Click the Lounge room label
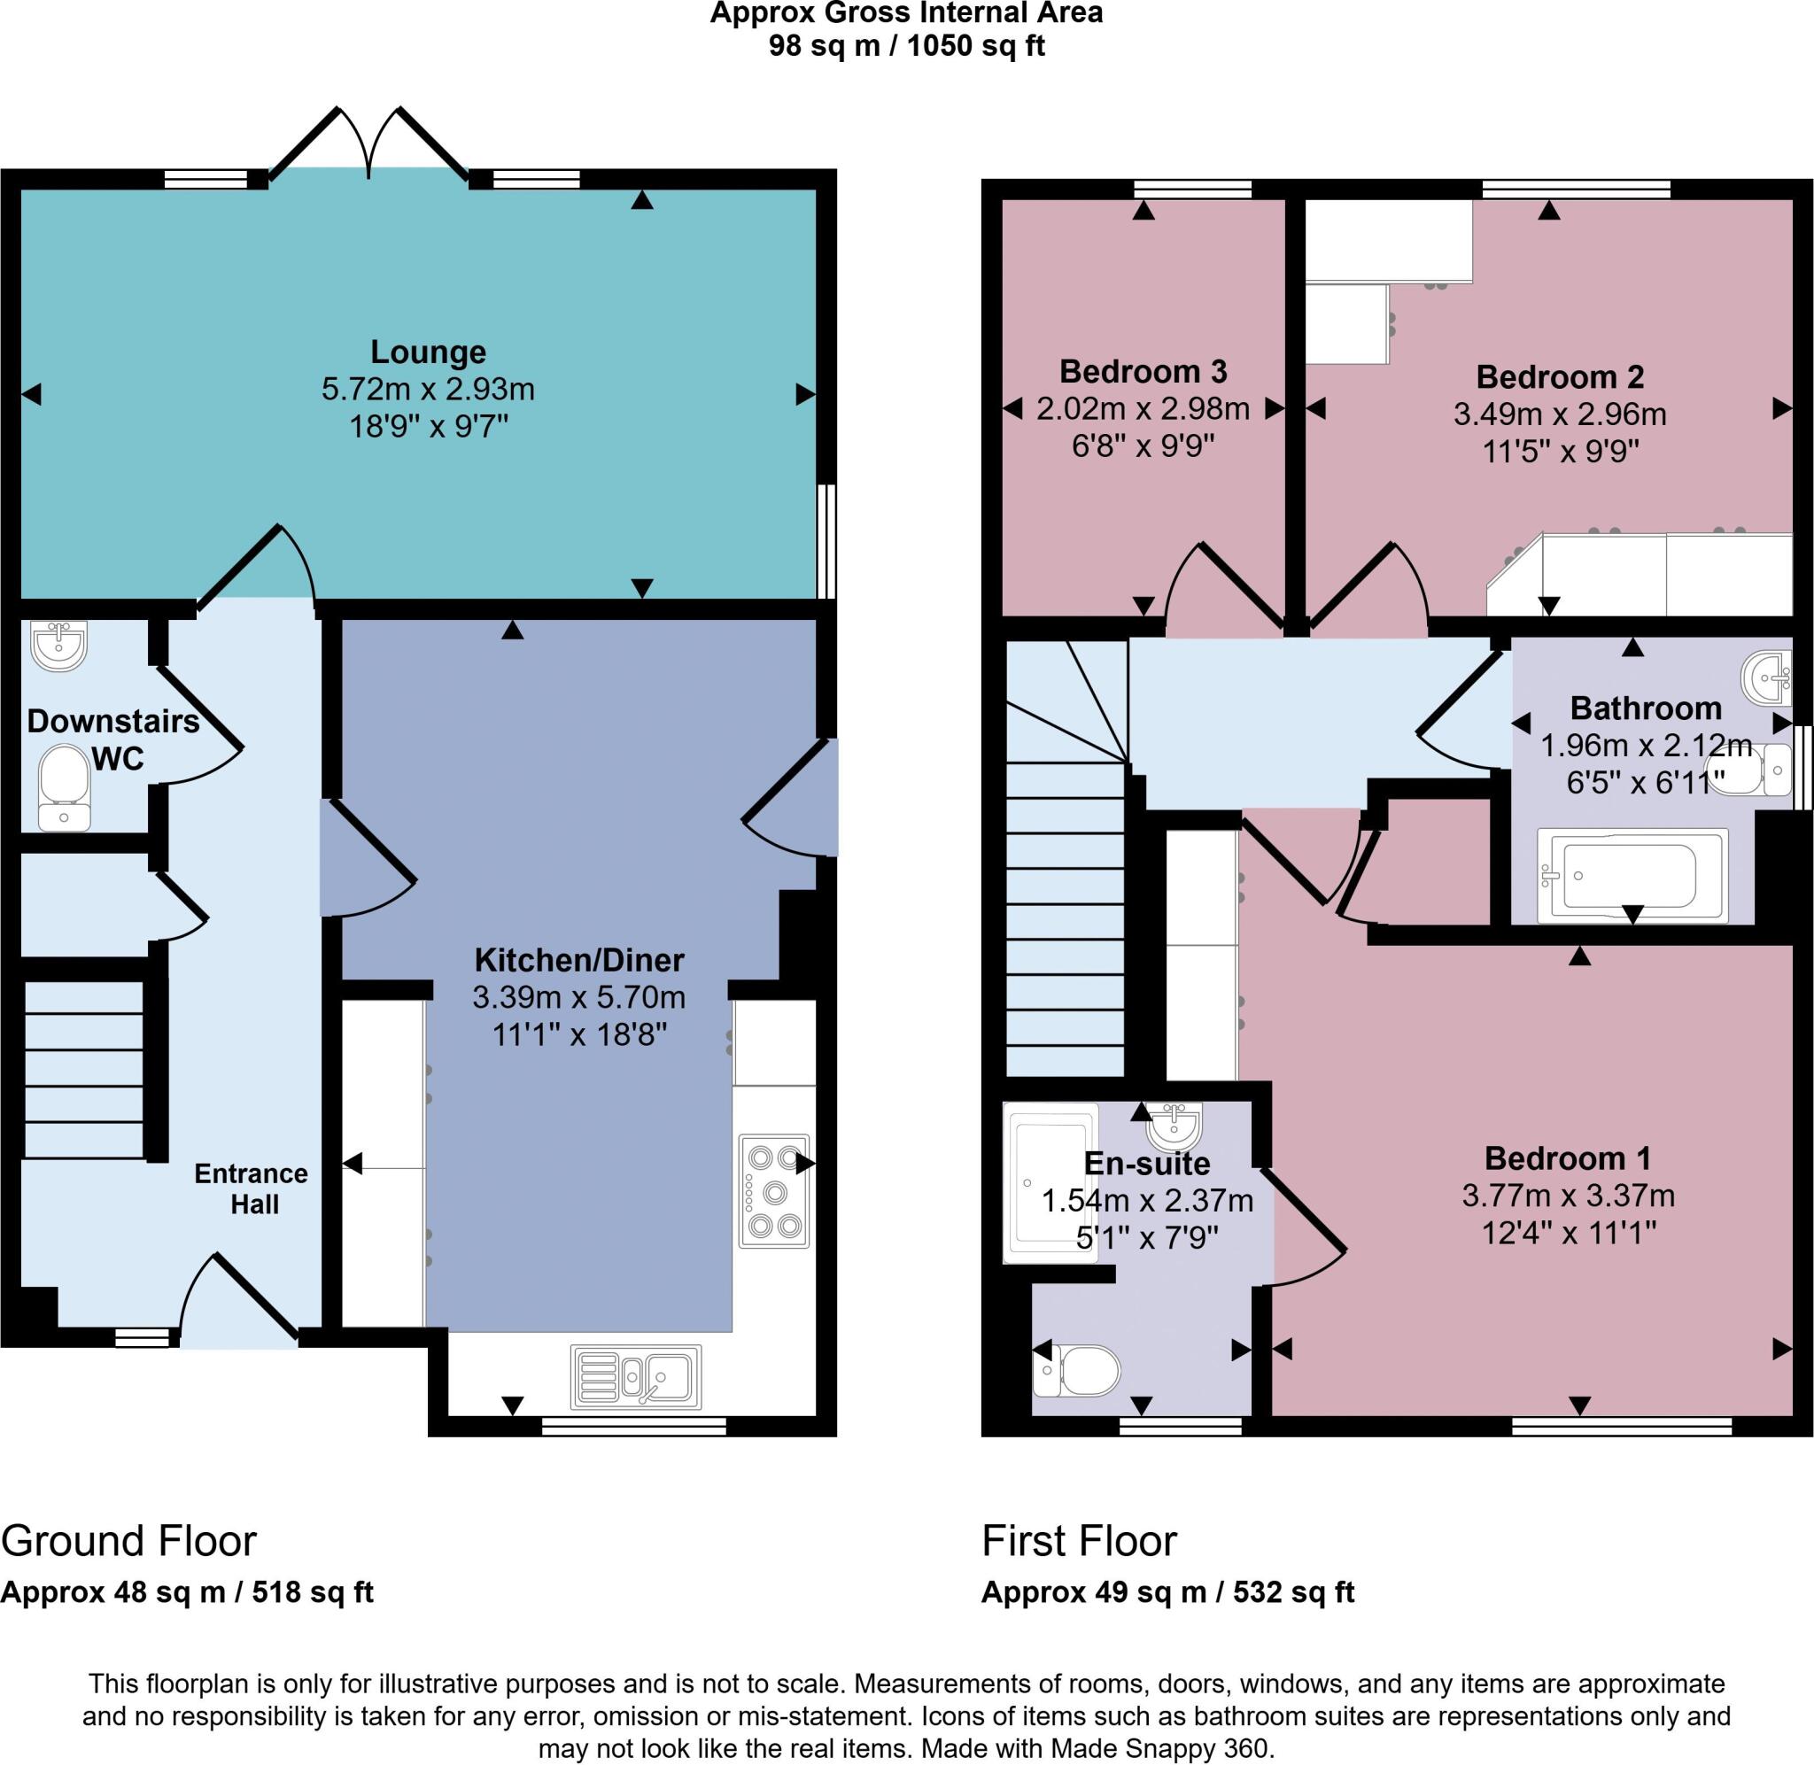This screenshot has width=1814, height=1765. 427,352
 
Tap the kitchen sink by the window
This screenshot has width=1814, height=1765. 636,1376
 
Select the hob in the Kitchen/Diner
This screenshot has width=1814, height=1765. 774,1191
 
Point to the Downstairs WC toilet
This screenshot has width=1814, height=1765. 65,787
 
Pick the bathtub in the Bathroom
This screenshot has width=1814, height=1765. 1632,875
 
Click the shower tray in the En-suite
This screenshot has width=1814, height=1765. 1050,1182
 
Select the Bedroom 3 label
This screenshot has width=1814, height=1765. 1143,371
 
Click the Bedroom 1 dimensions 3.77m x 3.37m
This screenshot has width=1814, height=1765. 1569,1195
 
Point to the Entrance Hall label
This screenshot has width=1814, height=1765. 252,1188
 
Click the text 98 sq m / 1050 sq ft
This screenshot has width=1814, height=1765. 906,45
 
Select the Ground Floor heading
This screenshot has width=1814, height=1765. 128,1541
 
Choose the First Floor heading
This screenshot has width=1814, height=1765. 1079,1541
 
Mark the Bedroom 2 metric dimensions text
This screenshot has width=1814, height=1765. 1560,414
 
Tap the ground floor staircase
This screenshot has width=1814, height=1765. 83,1070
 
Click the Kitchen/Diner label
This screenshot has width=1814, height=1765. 579,959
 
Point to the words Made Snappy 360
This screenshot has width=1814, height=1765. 1161,1749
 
